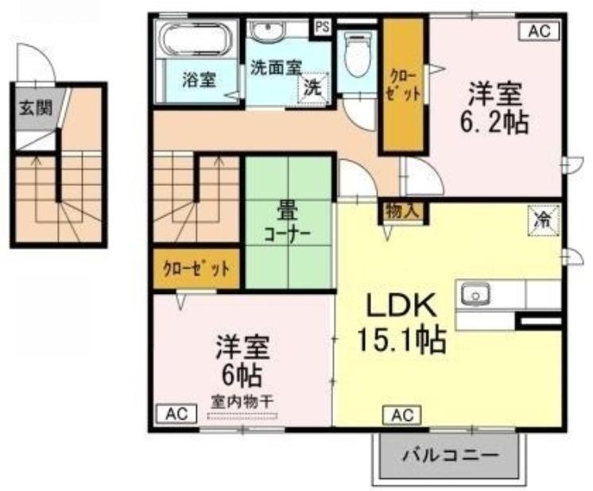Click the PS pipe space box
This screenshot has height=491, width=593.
322,27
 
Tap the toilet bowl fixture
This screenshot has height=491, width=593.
357,55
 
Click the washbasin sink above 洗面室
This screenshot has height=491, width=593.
268,30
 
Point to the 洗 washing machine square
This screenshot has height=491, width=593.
313,87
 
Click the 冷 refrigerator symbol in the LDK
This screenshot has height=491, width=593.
544,220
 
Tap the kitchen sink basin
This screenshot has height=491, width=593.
475,294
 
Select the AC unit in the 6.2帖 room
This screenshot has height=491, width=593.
539,31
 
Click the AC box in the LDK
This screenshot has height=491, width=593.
402,416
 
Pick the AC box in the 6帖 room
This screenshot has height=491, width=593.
177,414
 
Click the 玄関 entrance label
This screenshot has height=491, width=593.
36,108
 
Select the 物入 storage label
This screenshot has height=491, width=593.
402,211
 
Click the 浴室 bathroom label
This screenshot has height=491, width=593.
199,80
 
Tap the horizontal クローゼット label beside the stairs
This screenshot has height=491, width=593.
196,269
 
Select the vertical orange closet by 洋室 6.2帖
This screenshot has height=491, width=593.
403,85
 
